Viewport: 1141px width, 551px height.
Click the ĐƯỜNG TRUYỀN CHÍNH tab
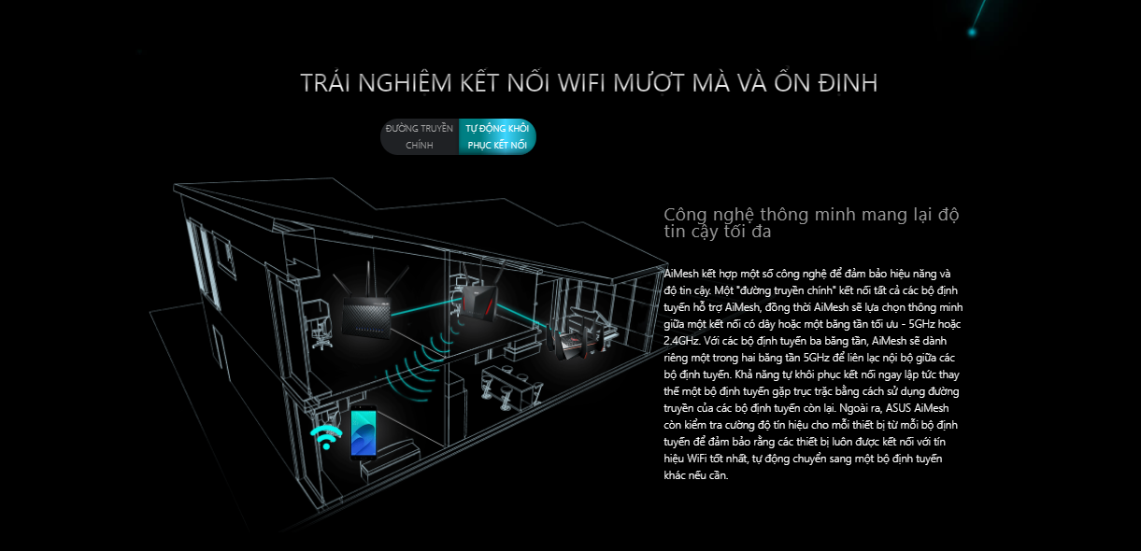(x=420, y=136)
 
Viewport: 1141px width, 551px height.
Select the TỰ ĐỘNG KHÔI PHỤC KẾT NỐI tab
(x=497, y=136)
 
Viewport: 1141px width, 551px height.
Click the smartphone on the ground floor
(x=364, y=432)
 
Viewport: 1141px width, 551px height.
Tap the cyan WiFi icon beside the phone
(x=326, y=437)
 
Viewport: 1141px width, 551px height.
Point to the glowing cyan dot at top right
(x=972, y=32)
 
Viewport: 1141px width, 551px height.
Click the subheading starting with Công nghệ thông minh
(x=811, y=222)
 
